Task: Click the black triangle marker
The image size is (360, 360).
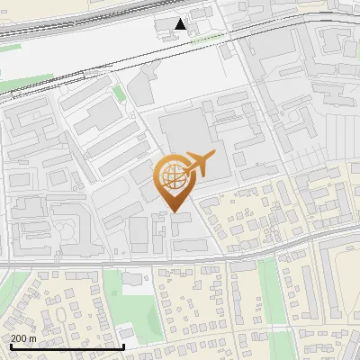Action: [182, 24]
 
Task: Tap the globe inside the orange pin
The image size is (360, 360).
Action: [173, 178]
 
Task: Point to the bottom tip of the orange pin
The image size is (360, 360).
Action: [174, 212]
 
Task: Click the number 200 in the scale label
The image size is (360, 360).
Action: [19, 337]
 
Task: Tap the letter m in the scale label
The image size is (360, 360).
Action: [33, 337]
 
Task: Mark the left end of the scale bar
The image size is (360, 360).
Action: [10, 346]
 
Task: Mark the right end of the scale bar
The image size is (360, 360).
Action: [123, 346]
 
